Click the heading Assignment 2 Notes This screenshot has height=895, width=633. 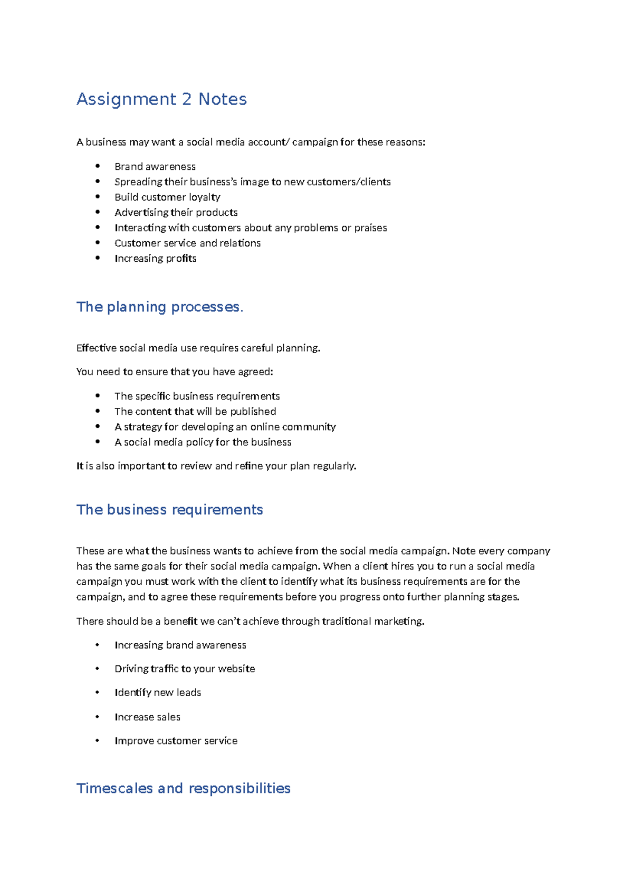coord(161,99)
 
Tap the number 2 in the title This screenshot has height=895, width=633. coord(186,99)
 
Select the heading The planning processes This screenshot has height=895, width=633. coord(159,307)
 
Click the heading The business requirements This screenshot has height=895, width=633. coord(169,509)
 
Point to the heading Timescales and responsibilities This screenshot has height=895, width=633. coord(183,788)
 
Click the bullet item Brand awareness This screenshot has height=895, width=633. coord(155,167)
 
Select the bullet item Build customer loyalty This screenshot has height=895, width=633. coord(167,197)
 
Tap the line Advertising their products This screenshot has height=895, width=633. coord(176,213)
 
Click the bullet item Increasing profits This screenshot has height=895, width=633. coord(155,259)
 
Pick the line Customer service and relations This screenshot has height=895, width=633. coord(187,243)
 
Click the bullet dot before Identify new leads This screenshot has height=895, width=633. coord(97,692)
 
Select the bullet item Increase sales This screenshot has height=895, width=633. coord(147,717)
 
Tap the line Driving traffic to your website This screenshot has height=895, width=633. coord(185,669)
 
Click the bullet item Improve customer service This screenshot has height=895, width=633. coord(176,741)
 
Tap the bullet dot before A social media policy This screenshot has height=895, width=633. coord(98,442)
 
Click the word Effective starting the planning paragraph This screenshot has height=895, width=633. coord(96,348)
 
